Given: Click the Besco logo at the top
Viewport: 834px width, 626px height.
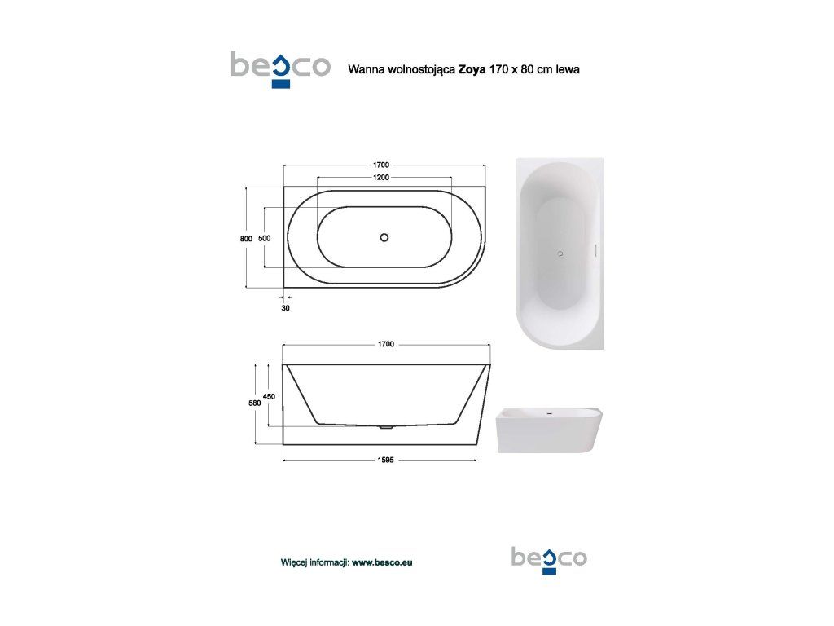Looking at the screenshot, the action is click(281, 68).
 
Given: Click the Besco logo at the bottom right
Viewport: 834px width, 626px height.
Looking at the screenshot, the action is click(549, 560).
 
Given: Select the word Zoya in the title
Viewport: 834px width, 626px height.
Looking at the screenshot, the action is click(472, 70).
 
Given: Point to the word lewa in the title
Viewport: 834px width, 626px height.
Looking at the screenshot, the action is click(568, 69).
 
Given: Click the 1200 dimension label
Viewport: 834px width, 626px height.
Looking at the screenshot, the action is click(381, 177).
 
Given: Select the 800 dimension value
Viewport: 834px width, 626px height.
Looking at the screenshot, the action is click(246, 239).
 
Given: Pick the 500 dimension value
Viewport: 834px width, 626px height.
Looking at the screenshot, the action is click(265, 239).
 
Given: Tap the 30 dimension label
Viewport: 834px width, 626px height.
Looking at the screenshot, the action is click(286, 308).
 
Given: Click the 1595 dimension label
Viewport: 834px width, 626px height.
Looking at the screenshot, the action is click(385, 461).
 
